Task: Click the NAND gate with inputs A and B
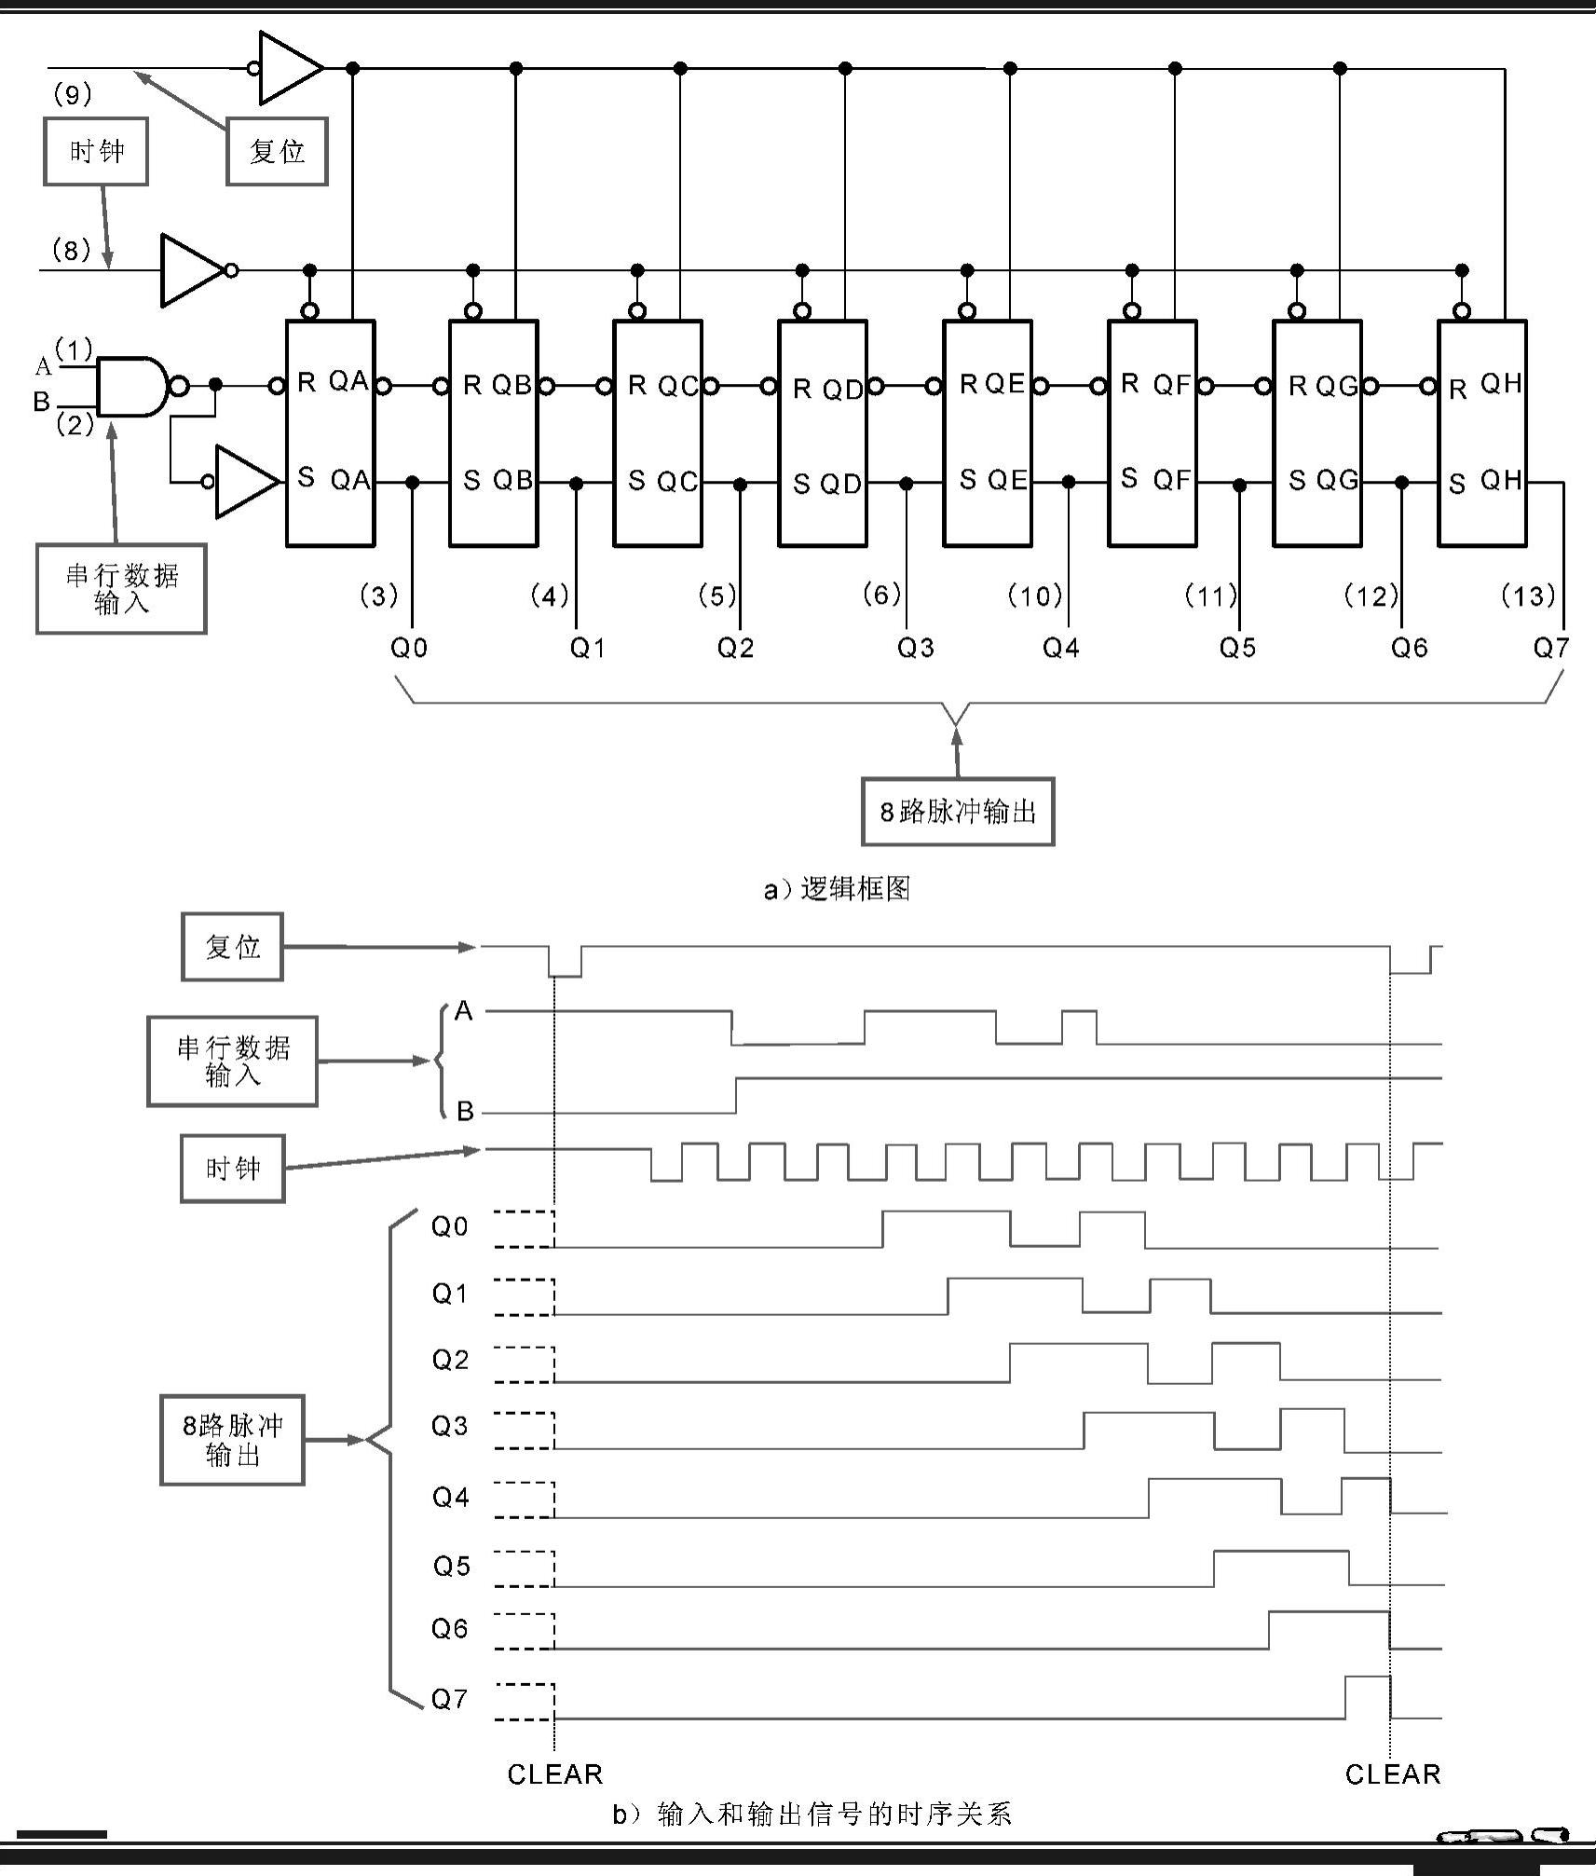point(133,386)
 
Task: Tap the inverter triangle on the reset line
point(290,68)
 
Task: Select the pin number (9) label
point(73,94)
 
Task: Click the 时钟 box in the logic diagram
point(96,152)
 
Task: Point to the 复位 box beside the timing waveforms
point(232,947)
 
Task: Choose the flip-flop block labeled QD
point(823,433)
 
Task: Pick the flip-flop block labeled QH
point(1481,433)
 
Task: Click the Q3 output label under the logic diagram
point(915,648)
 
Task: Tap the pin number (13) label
point(1528,596)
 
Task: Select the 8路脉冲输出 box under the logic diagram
point(958,812)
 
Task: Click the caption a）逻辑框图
point(836,889)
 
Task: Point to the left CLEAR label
point(555,1773)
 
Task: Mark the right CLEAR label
point(1393,1773)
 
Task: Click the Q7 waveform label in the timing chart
point(449,1699)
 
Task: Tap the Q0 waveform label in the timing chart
point(449,1226)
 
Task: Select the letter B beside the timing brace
point(464,1111)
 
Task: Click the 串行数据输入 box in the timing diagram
point(232,1061)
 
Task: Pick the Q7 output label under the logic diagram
point(1551,648)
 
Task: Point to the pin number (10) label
point(1035,596)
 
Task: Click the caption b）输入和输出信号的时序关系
point(812,1814)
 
